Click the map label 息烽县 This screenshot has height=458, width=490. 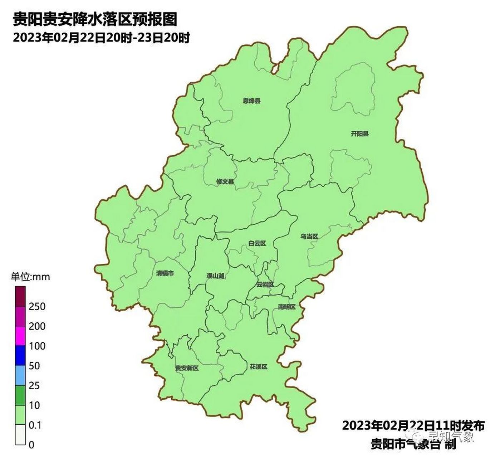tap(252, 101)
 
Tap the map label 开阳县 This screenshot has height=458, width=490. tap(359, 134)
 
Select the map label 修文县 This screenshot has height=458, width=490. tap(225, 182)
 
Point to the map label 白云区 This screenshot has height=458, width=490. tap(257, 243)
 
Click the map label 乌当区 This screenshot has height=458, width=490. tap(309, 237)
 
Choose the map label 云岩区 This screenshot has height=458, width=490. tap(265, 285)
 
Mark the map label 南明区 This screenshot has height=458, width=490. tap(287, 307)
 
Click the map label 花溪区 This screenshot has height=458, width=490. tap(258, 367)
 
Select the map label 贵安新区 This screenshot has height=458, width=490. tap(187, 368)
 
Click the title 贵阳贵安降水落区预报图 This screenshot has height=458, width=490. tap(95, 19)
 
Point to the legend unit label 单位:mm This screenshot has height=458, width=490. tap(30, 277)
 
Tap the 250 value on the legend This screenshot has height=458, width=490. tap(37, 306)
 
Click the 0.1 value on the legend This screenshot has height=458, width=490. tap(35, 425)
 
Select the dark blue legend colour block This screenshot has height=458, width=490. tap(20, 355)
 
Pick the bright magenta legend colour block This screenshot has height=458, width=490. tap(20, 336)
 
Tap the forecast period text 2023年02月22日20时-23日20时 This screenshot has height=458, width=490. tap(101, 38)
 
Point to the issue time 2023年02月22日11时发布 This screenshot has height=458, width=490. tap(413, 426)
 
